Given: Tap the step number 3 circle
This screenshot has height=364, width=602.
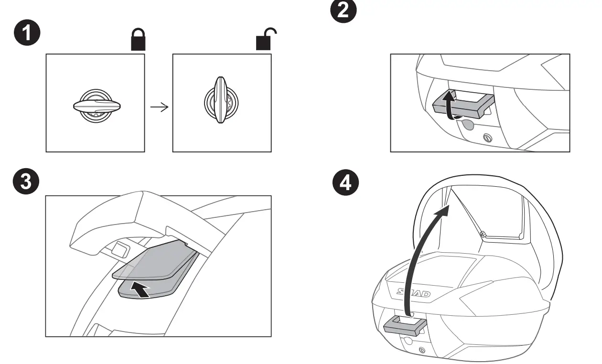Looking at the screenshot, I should (x=27, y=183).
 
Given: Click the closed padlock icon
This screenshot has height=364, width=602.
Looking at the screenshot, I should (x=139, y=42).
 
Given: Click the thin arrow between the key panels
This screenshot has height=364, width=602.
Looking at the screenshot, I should (x=159, y=107).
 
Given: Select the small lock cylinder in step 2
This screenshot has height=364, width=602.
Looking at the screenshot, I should (x=488, y=138).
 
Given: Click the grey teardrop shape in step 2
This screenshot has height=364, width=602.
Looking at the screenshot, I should (x=468, y=125).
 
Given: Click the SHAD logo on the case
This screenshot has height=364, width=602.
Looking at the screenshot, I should (x=414, y=292).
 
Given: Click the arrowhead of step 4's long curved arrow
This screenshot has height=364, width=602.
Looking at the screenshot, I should (x=444, y=210).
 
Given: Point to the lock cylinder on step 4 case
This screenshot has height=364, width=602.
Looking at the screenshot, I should (x=421, y=351).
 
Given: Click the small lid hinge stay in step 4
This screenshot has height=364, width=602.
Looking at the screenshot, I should (x=484, y=234).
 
